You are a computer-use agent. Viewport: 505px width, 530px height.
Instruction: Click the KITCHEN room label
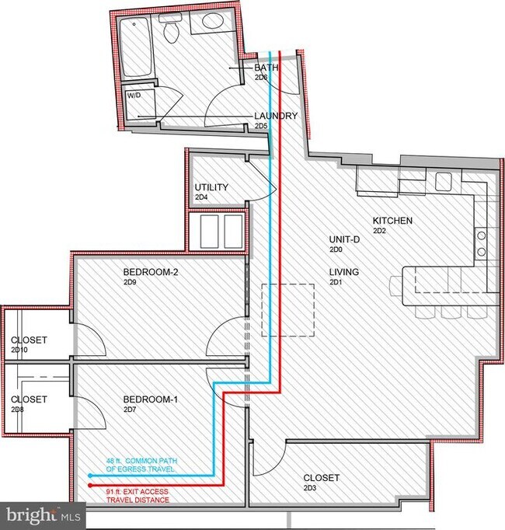(x=392, y=221)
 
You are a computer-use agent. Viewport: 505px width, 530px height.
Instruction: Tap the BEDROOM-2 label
(x=151, y=273)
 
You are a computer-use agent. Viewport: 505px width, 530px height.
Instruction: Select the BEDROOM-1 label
(x=151, y=400)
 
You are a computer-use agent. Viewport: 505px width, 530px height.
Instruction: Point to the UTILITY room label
(x=211, y=187)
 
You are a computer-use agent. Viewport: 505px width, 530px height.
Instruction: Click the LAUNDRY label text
(x=276, y=116)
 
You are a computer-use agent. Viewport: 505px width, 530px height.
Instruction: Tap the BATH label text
(x=266, y=68)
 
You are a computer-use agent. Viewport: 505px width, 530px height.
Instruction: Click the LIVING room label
(x=343, y=272)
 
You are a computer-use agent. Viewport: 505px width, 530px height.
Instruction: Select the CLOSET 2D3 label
(x=322, y=478)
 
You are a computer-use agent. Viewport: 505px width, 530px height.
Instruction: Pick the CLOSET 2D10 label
(x=29, y=340)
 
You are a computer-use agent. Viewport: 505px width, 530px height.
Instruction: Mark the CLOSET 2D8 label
(x=29, y=399)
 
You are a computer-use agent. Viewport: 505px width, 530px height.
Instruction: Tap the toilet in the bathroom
(x=172, y=30)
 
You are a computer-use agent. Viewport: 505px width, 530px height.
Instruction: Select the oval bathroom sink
(x=208, y=23)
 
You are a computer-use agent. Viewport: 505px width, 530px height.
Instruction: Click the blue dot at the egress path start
(x=91, y=475)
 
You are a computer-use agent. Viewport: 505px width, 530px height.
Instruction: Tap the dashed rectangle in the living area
(x=288, y=310)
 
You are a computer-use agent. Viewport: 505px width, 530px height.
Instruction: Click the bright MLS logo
(x=43, y=514)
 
